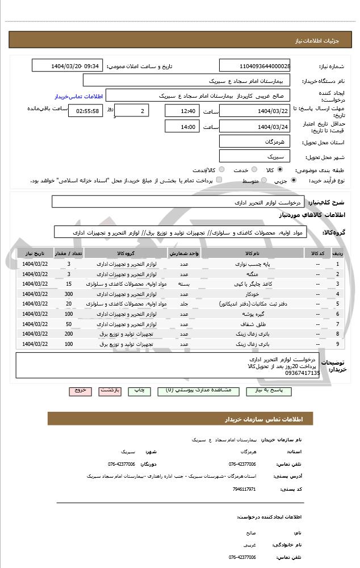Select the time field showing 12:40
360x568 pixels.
click(182, 110)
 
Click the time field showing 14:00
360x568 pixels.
click(182, 127)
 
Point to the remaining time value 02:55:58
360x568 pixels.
click(86, 110)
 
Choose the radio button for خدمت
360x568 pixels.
click(253, 170)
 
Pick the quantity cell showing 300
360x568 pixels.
click(69, 294)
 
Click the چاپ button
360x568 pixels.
click(139, 391)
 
